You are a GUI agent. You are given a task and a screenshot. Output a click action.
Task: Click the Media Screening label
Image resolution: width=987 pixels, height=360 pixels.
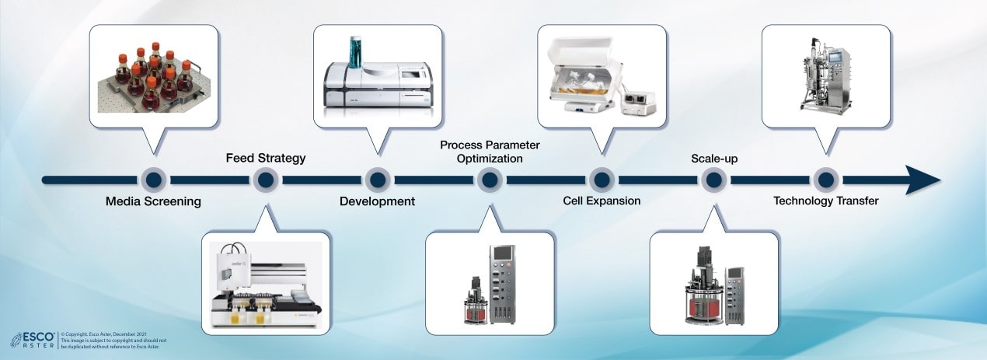coord(153,201)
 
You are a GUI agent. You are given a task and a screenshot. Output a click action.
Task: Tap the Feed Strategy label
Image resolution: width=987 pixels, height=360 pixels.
coord(266,158)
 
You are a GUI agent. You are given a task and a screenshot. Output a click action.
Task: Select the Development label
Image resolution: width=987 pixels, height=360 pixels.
coord(377,201)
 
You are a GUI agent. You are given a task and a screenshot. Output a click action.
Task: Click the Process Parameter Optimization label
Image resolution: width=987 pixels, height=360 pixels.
coord(490,152)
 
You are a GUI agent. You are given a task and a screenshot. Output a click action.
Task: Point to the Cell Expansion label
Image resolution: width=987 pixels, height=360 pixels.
coord(602,201)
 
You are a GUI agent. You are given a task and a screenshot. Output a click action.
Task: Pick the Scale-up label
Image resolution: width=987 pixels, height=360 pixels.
coord(714,159)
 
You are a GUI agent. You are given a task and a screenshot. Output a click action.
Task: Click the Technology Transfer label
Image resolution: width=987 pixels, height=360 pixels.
coord(825,201)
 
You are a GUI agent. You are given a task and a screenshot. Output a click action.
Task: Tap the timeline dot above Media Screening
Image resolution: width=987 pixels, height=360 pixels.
coord(153,180)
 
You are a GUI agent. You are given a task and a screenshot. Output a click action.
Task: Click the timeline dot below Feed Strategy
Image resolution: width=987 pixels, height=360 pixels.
coord(266,180)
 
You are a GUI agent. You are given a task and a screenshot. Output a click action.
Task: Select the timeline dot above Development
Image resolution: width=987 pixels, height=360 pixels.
coord(377,180)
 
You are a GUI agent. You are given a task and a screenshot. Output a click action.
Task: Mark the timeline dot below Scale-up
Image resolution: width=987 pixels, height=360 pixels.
coord(713,180)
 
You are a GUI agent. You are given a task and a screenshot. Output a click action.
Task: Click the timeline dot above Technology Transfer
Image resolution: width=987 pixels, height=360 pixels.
coord(825,180)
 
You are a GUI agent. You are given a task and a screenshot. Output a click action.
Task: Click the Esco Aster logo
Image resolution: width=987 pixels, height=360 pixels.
coord(32,340)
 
